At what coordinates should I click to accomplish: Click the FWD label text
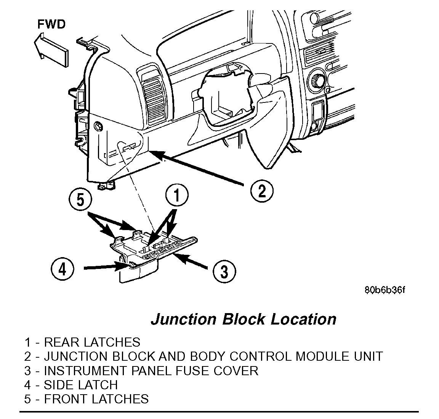(51, 24)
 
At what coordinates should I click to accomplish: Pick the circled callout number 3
(224, 271)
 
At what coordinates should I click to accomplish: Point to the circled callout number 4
(62, 269)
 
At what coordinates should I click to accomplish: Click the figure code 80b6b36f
(384, 290)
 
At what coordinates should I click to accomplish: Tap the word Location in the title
(303, 319)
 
